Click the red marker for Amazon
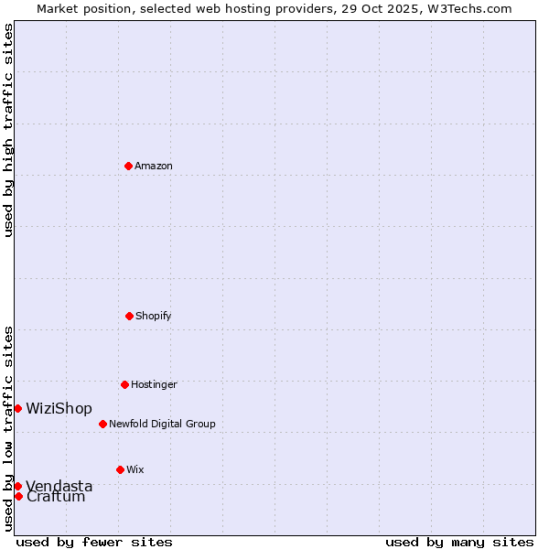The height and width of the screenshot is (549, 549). click(128, 166)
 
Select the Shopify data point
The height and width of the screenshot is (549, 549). click(129, 316)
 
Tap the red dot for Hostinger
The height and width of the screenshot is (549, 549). click(124, 384)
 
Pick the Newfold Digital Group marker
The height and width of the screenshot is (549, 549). click(102, 424)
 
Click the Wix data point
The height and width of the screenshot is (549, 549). click(120, 469)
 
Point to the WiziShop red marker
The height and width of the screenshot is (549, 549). click(17, 408)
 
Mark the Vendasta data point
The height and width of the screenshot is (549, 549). click(17, 486)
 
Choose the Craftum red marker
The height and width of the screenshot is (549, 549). click(18, 496)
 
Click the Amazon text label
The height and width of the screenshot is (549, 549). click(154, 167)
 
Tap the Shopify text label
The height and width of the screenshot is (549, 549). click(154, 317)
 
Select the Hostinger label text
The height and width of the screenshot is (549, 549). click(154, 385)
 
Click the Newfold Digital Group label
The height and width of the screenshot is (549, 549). click(162, 425)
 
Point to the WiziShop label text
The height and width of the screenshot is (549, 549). click(59, 409)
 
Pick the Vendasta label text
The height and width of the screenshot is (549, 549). click(59, 486)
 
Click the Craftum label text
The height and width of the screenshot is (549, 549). click(56, 497)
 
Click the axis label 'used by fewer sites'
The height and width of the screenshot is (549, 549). click(94, 543)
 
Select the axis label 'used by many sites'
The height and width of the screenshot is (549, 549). click(459, 543)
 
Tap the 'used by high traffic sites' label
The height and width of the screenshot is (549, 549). click(8, 130)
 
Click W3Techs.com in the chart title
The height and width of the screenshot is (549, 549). click(467, 8)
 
